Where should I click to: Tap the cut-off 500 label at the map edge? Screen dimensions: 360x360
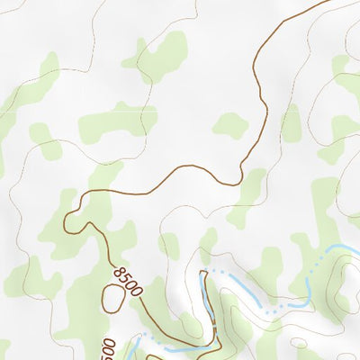108,349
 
